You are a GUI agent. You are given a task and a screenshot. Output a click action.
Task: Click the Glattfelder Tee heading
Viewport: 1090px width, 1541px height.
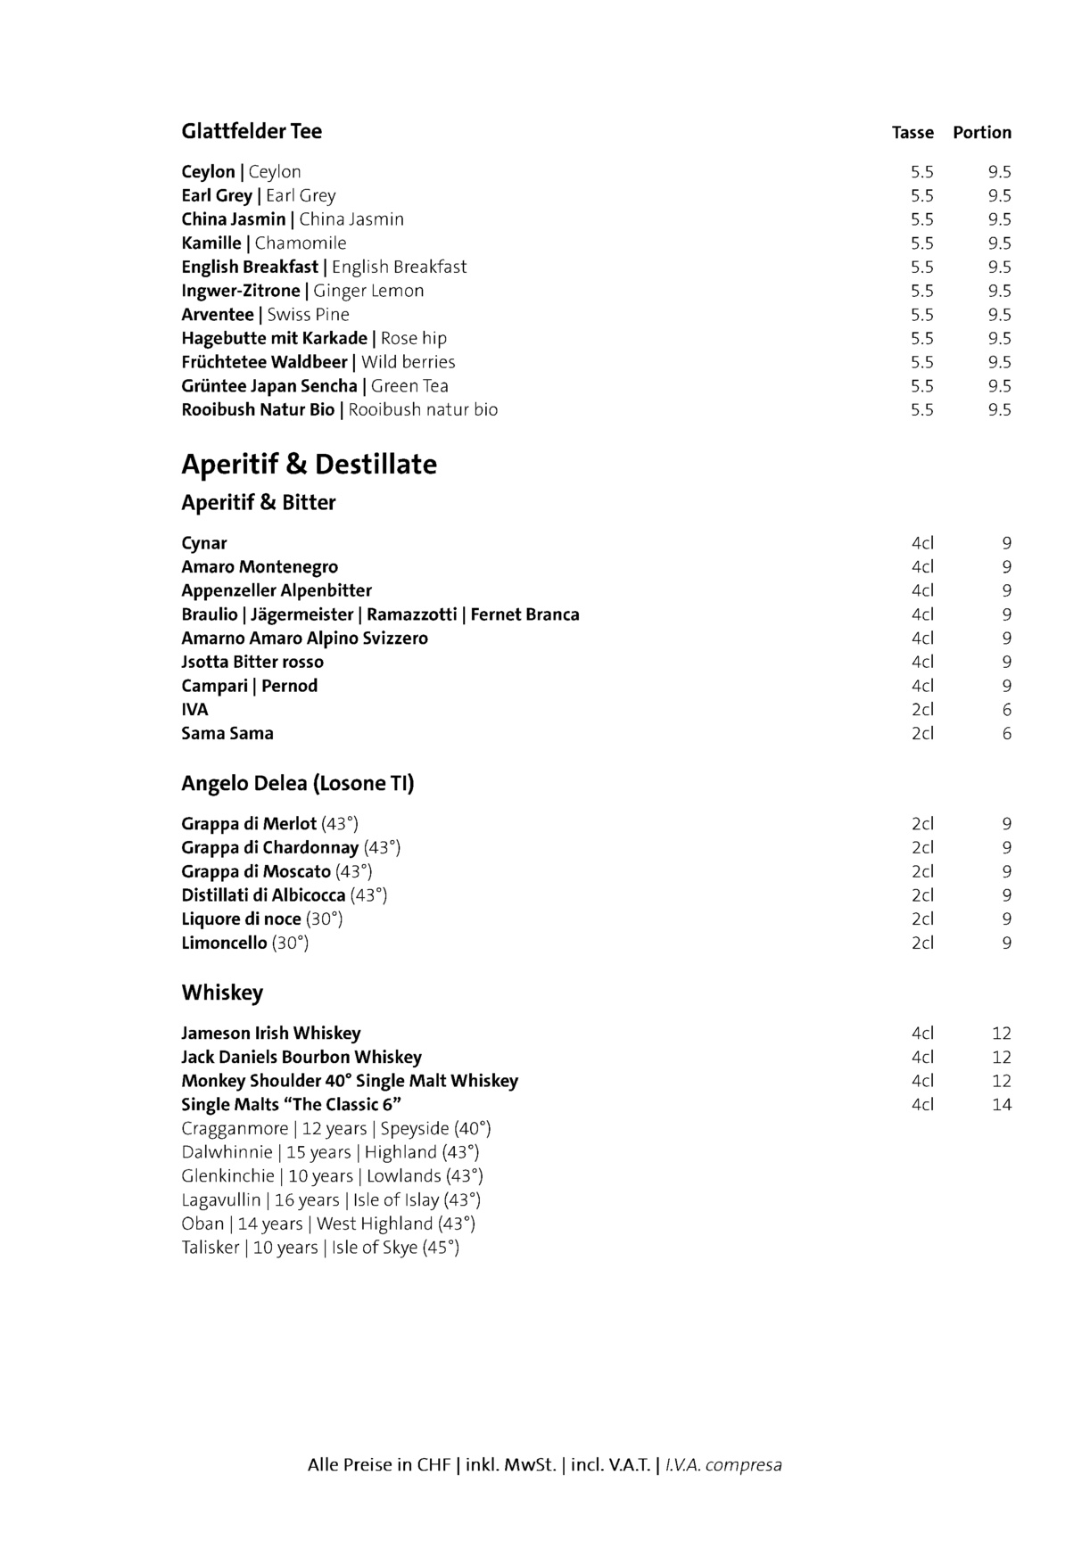coord(252,131)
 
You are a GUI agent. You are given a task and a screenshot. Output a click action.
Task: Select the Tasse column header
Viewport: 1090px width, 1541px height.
coord(912,133)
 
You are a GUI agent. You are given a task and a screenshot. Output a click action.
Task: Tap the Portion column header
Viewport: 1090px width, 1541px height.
coord(982,133)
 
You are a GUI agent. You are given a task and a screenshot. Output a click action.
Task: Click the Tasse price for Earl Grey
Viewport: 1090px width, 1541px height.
coord(922,196)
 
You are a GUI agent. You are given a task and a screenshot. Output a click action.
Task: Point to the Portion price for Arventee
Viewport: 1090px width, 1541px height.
coord(1000,315)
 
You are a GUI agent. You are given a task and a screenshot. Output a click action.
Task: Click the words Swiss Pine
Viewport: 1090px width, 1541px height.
coord(309,315)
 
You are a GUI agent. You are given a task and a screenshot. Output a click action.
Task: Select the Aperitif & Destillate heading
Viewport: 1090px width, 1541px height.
coord(309,465)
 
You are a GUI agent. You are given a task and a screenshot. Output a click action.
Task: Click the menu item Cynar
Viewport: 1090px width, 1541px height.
coord(204,543)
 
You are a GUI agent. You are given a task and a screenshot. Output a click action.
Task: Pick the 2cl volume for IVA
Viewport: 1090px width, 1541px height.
coord(922,710)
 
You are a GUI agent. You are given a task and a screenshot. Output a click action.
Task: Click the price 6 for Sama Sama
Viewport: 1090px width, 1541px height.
coord(1007,734)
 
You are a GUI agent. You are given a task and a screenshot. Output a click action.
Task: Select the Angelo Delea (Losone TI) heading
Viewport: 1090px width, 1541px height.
coord(298,784)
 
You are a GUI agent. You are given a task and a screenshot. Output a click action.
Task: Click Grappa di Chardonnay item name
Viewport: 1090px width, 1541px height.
coord(270,848)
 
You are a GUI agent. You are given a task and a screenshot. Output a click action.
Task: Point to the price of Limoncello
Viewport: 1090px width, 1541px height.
coord(1007,944)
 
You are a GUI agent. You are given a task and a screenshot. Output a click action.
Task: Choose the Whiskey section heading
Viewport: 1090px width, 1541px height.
coord(222,993)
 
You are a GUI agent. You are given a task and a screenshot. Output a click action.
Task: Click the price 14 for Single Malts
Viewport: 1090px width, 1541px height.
coord(1002,1105)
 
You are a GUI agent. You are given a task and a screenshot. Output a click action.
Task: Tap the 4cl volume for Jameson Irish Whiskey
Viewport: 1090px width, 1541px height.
coord(922,1034)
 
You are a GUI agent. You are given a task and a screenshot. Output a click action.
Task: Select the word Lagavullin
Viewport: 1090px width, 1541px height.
coord(221,1200)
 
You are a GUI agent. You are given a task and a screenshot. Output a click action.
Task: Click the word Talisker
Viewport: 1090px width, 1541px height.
coord(211,1248)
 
